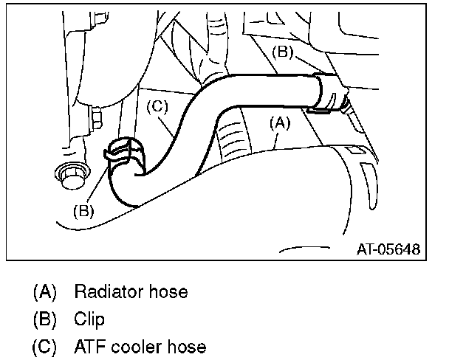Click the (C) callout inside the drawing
(157, 106)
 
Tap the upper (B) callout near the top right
(285, 52)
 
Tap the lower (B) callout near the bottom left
(83, 210)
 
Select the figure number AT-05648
(388, 249)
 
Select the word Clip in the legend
(89, 319)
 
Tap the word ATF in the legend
(89, 347)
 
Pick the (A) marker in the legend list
(44, 292)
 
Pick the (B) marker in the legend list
(44, 319)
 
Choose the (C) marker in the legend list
(44, 347)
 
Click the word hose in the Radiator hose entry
(170, 292)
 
